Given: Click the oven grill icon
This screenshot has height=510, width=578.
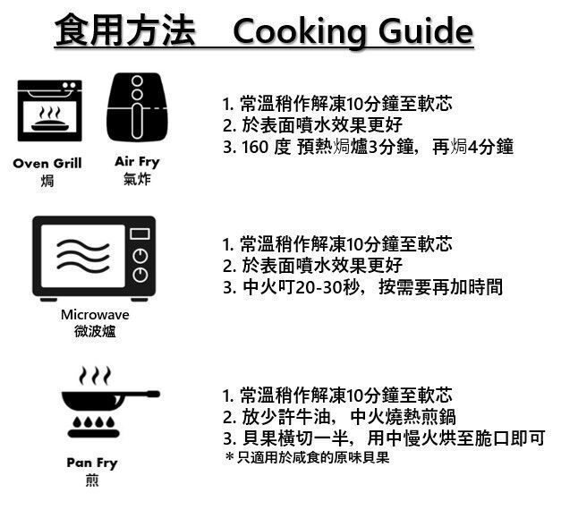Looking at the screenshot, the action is pyautogui.click(x=50, y=111).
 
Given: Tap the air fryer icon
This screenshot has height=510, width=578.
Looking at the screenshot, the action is pyautogui.click(x=137, y=107).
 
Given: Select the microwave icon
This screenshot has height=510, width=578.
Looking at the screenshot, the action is pyautogui.click(x=94, y=259).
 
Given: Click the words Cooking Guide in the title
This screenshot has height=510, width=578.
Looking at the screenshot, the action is pyautogui.click(x=353, y=32).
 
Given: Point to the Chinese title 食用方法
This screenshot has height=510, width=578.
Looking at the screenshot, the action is pyautogui.click(x=124, y=30).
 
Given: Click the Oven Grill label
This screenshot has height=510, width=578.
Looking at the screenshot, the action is pyautogui.click(x=47, y=163).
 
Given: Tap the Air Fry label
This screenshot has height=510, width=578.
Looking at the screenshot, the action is pyautogui.click(x=137, y=162).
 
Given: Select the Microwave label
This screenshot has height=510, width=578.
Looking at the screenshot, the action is pyautogui.click(x=95, y=315).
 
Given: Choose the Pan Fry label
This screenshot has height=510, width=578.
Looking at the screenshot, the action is pyautogui.click(x=92, y=463).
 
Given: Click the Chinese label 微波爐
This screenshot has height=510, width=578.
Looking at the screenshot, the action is pyautogui.click(x=95, y=331).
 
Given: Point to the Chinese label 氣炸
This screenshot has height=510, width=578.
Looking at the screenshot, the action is pyautogui.click(x=137, y=179).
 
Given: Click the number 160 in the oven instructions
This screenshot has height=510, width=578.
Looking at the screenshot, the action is pyautogui.click(x=255, y=147).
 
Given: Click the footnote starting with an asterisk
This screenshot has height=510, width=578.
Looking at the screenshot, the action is pyautogui.click(x=307, y=458).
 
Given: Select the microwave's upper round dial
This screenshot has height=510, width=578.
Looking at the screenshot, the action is pyautogui.click(x=140, y=256).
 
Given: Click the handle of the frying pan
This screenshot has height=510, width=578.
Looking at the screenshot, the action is pyautogui.click(x=141, y=394).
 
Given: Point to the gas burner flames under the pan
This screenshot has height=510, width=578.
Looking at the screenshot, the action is pyautogui.click(x=94, y=421).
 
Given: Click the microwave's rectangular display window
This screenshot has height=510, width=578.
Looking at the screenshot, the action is pyautogui.click(x=140, y=234).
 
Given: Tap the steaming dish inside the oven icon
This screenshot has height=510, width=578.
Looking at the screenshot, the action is pyautogui.click(x=50, y=120).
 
